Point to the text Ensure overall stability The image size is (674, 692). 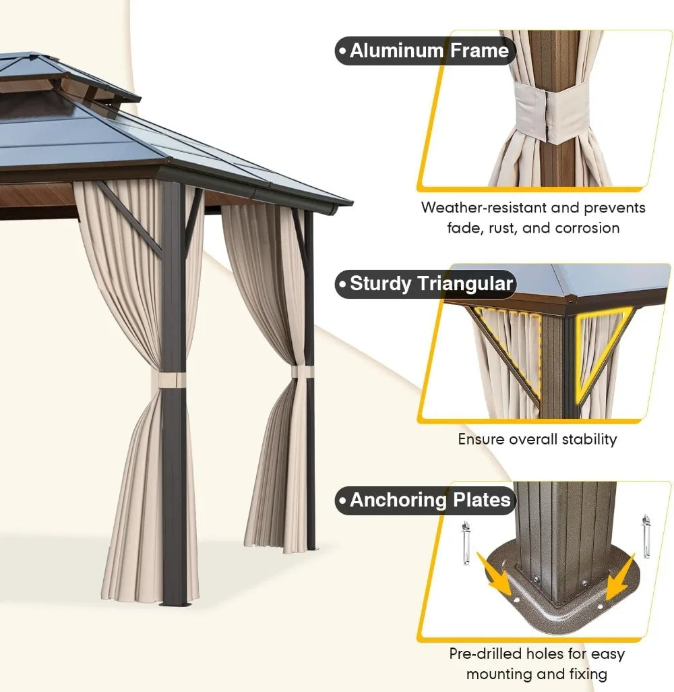pyautogui.click(x=537, y=439)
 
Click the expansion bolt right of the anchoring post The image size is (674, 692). pyautogui.click(x=646, y=536)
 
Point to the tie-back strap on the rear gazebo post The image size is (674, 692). pyautogui.click(x=303, y=372)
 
